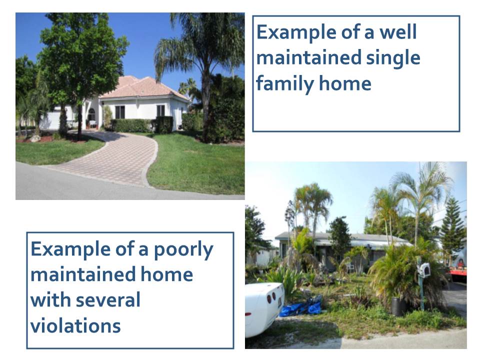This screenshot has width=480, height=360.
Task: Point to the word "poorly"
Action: click(183, 250)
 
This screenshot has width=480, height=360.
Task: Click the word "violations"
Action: click(75, 325)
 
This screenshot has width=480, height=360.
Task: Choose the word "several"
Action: click(108, 299)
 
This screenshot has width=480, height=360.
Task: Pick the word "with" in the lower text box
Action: click(51, 299)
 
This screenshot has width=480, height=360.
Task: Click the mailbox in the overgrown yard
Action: click(424, 270)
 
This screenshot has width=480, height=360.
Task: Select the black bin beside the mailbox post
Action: click(398, 306)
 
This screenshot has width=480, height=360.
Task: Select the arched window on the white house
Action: click(91, 114)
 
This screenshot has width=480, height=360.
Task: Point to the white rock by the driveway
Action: click(34, 138)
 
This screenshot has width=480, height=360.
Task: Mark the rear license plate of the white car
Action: click(280, 303)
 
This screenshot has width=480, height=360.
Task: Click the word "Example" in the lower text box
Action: click(70, 249)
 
